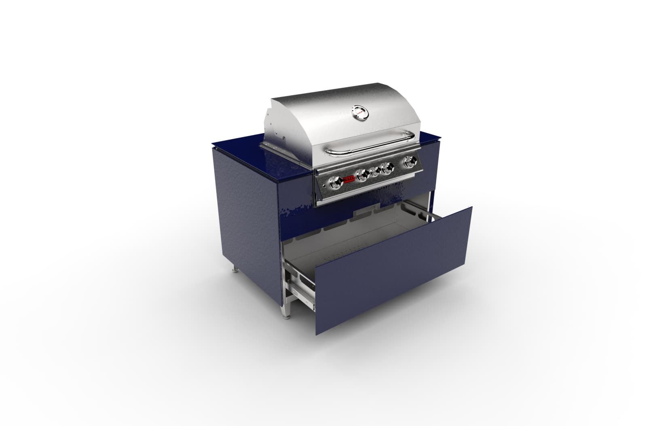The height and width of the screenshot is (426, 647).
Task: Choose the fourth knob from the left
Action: (x=387, y=167)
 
